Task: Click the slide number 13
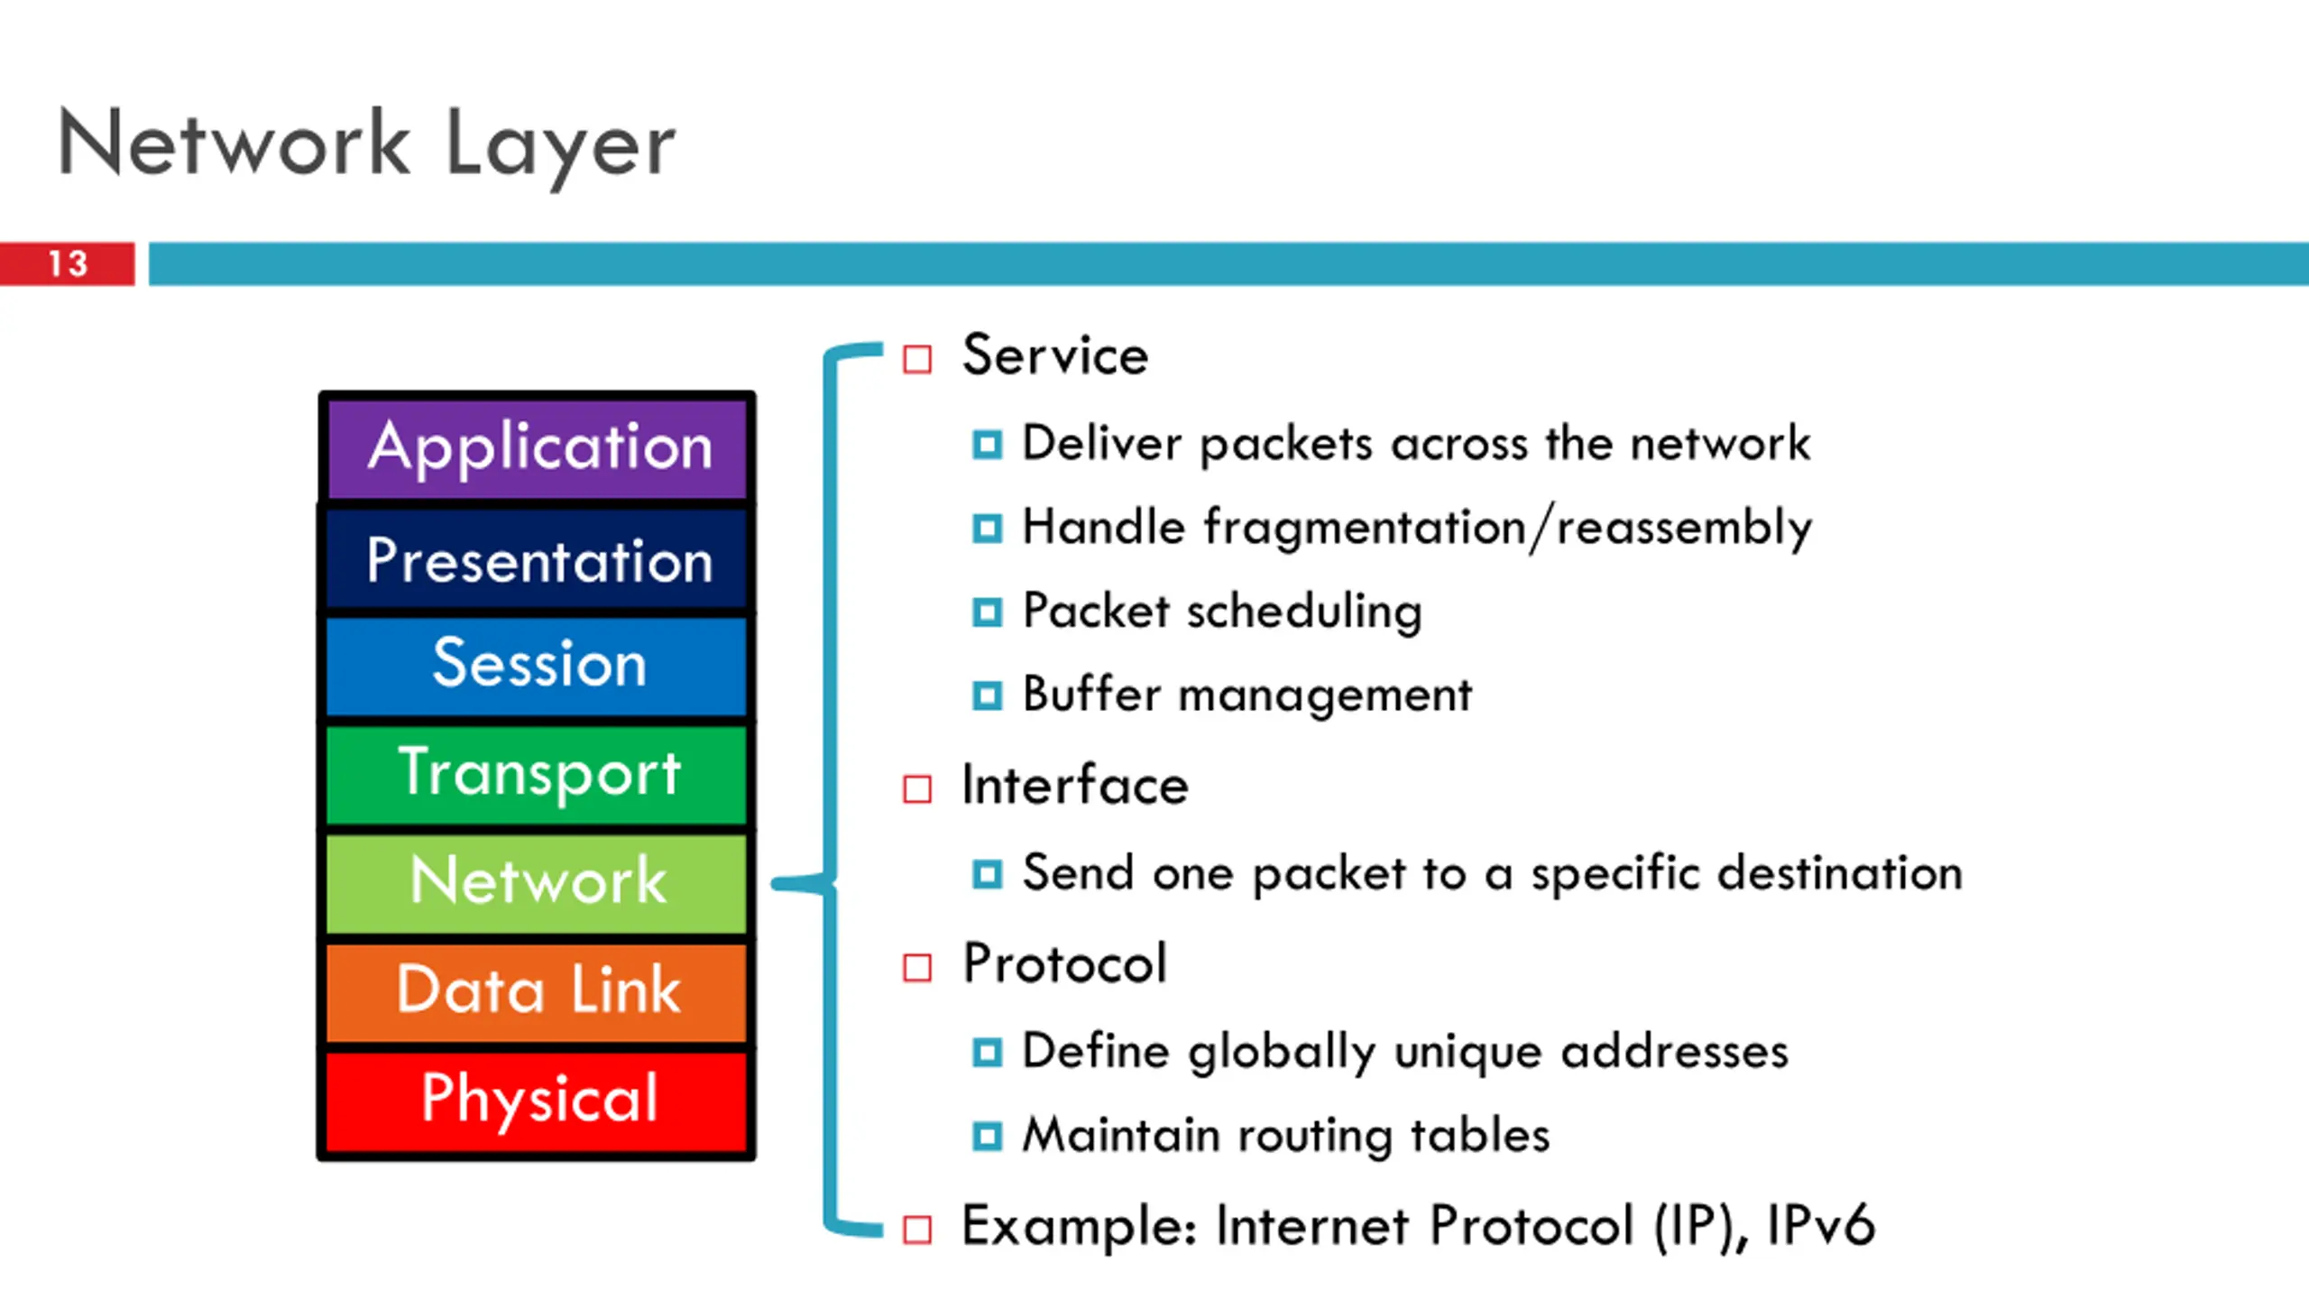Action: pos(68,263)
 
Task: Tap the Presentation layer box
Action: pos(537,559)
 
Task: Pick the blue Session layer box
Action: pos(537,667)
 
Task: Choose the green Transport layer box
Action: pos(537,775)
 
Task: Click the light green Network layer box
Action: pos(537,883)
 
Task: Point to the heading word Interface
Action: pos(1075,784)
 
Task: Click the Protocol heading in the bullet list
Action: pos(1065,963)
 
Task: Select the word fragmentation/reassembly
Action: pos(1508,529)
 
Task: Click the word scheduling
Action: pos(1304,612)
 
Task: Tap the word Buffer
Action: pos(1091,694)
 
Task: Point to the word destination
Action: pos(1840,872)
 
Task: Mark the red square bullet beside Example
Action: pos(917,1229)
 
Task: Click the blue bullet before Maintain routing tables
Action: pos(987,1136)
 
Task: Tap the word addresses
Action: pos(1675,1052)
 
